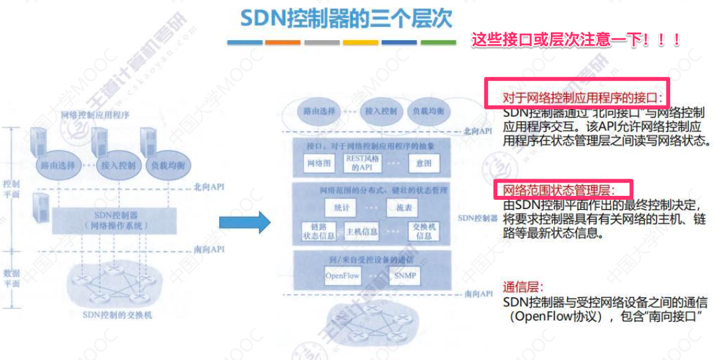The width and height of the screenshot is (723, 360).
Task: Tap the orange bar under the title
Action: [x=282, y=42]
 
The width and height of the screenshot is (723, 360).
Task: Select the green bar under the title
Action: [x=438, y=42]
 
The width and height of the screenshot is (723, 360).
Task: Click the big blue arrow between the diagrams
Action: [x=245, y=222]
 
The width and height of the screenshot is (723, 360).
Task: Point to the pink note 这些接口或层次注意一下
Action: [x=575, y=40]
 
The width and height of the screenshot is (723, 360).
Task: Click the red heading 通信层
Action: [x=523, y=287]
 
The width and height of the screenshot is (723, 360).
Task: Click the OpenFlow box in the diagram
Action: [x=342, y=276]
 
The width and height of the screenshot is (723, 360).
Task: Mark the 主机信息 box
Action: [x=362, y=232]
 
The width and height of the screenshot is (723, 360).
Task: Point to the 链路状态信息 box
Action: [x=318, y=232]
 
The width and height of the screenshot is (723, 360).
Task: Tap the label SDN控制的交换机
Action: [x=117, y=315]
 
